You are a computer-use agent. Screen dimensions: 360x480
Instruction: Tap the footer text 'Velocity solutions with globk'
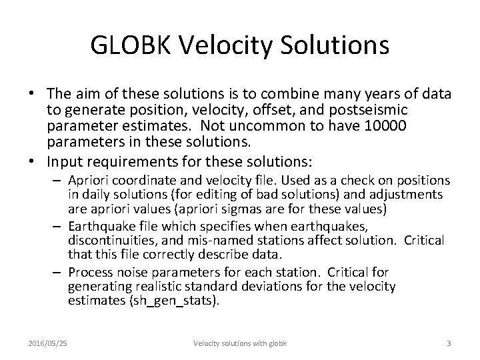click(240, 343)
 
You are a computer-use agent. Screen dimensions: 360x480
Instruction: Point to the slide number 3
click(449, 343)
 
